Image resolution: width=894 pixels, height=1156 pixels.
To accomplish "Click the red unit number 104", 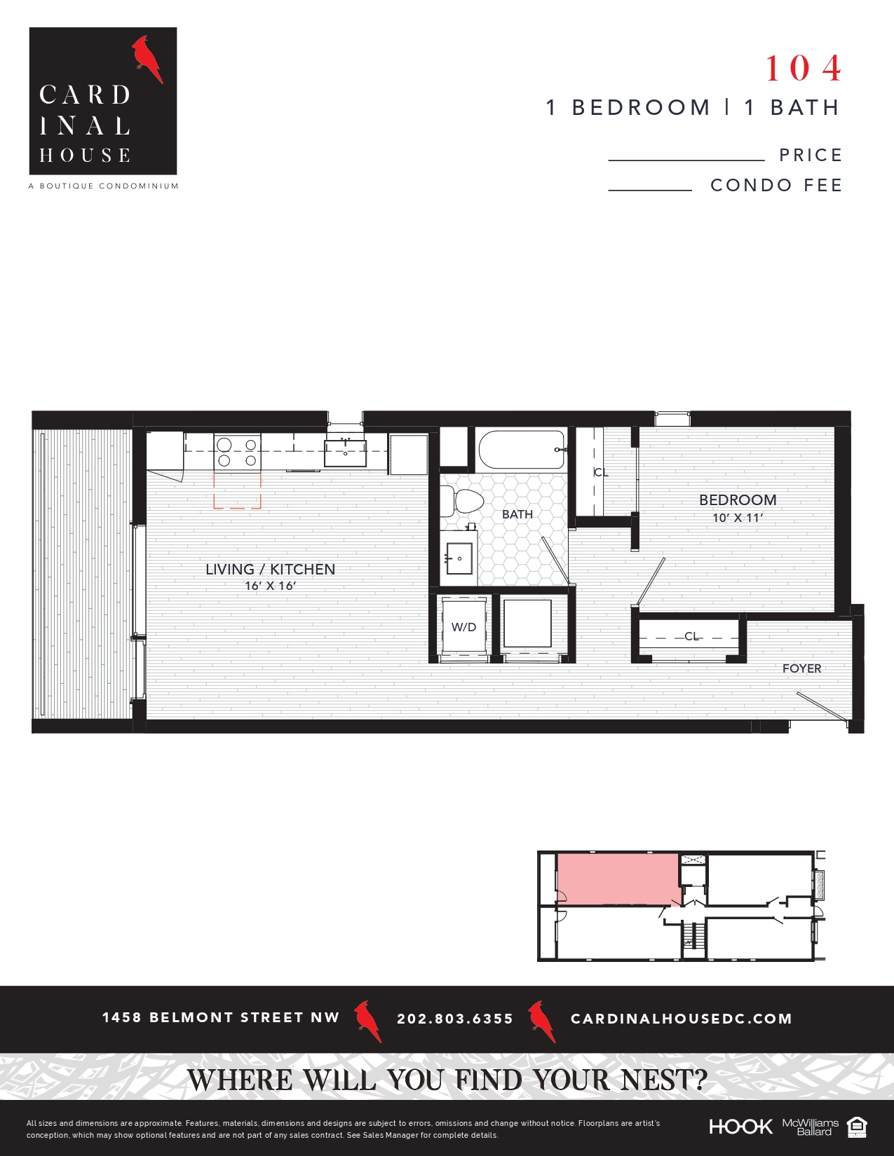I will click(804, 69).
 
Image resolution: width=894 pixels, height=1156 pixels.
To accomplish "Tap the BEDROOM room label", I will click(738, 500).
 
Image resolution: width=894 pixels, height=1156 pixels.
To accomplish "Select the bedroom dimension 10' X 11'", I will click(738, 518).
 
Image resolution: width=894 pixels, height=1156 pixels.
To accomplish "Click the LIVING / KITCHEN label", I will click(270, 570).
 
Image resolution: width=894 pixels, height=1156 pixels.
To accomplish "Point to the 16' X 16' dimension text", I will click(270, 586).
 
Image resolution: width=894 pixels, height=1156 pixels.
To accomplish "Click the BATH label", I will click(517, 514).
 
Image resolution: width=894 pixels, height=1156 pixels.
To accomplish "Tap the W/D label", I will click(463, 627).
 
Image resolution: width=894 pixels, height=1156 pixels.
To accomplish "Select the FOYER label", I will click(801, 668).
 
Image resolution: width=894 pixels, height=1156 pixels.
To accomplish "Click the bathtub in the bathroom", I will click(522, 450).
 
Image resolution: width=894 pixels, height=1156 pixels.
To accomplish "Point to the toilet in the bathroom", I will click(466, 502).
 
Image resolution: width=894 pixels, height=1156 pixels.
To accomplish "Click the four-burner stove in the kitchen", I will click(237, 452).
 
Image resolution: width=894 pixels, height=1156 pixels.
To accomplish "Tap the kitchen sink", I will click(345, 452).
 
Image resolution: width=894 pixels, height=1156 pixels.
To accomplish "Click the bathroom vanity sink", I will click(459, 558).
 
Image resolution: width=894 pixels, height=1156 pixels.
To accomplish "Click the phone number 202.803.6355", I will click(455, 1019).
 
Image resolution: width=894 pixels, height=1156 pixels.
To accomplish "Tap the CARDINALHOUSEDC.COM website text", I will click(681, 1019).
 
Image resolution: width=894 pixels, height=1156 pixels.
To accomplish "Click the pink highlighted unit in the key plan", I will click(617, 879).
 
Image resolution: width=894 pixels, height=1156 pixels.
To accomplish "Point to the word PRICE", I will click(811, 156).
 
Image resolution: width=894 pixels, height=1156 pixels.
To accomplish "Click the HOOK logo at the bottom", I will click(740, 1127).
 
